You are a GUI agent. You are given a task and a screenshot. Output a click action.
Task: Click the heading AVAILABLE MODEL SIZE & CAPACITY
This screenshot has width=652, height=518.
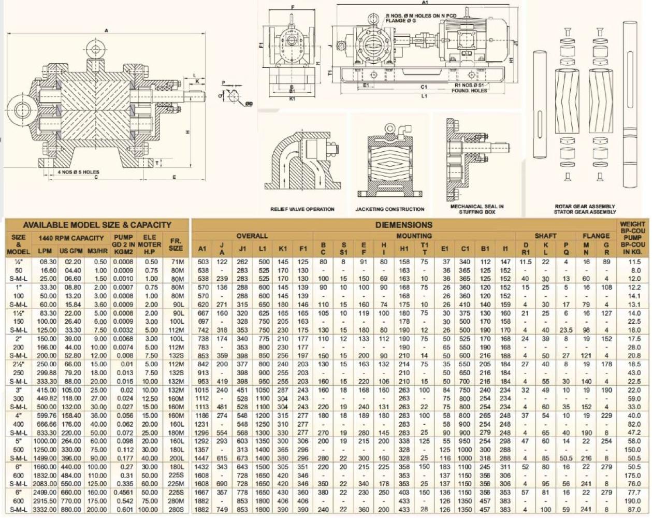coord(97,225)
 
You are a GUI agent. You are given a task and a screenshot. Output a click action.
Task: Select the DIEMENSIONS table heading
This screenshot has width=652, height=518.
coord(403,225)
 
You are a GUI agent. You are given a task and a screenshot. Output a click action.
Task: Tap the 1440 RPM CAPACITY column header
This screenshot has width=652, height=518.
coord(71,238)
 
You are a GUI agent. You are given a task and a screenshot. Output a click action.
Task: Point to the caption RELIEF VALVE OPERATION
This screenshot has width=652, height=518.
coord(302,209)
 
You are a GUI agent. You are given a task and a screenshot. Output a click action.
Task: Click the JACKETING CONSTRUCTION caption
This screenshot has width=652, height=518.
coord(389,209)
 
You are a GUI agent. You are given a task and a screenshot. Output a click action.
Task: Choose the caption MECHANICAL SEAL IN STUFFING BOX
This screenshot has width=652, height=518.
coord(477,209)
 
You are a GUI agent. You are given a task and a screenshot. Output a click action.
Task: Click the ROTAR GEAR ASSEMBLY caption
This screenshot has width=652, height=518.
coord(585,206)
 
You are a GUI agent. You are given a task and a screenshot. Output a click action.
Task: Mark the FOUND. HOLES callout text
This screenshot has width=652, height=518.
coord(470,91)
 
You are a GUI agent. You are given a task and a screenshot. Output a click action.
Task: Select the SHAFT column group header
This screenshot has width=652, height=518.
coord(545,236)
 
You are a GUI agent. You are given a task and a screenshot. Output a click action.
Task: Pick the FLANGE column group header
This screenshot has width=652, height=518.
coord(596,236)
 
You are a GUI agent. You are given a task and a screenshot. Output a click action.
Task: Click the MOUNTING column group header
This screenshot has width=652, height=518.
coord(414,236)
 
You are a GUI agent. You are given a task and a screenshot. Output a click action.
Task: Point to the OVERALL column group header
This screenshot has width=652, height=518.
coord(252,236)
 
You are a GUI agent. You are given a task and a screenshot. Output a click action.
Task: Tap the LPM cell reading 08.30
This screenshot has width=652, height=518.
coord(48,262)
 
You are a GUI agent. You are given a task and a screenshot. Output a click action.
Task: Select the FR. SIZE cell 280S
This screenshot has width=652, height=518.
coord(176,510)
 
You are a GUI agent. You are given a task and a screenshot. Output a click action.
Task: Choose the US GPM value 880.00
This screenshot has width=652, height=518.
coord(71,510)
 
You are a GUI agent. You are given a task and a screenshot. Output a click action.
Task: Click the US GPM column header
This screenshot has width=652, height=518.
coord(71,251)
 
